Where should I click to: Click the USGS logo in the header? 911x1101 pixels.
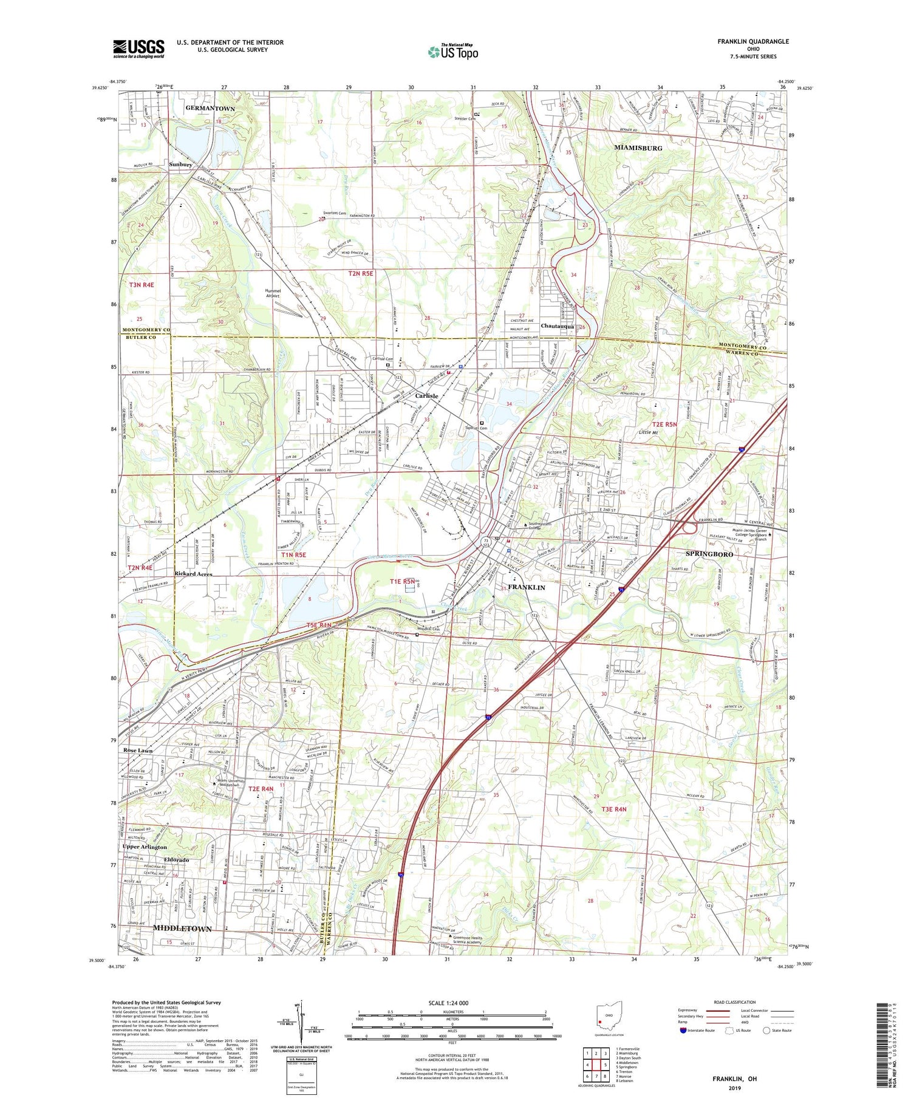coord(138,48)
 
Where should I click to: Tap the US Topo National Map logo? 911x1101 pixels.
coord(452,52)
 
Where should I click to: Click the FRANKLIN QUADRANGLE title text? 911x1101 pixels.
coord(753,41)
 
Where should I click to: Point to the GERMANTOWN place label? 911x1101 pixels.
coord(210,108)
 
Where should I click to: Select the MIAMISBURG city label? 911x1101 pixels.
coord(638,148)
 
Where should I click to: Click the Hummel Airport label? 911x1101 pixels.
coord(273,293)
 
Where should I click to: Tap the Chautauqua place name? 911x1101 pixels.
coord(557,326)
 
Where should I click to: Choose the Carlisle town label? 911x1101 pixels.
coord(426,395)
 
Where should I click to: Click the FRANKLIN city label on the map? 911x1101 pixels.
coord(526,587)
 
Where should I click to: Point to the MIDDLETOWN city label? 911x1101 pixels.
coord(182,929)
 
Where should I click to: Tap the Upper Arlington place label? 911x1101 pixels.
coord(145,847)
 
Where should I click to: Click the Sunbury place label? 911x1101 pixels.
coord(180,165)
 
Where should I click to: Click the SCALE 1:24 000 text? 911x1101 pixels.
coord(448,1003)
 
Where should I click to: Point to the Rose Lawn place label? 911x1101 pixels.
coord(138,751)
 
